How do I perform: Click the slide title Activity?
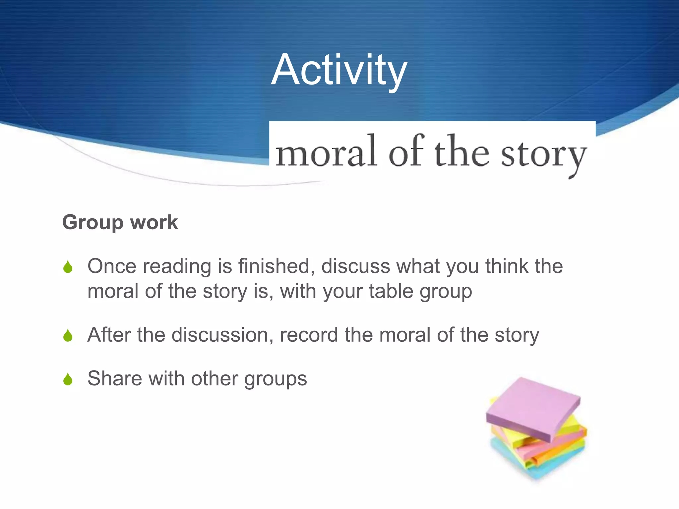[339, 70]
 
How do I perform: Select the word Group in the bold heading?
[93, 223]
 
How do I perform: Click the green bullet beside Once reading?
[68, 267]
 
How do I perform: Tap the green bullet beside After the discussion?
[68, 335]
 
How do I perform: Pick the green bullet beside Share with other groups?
[68, 379]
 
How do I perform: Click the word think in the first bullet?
[507, 266]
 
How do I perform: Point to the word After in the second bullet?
[109, 335]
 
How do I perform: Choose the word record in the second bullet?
[309, 335]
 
